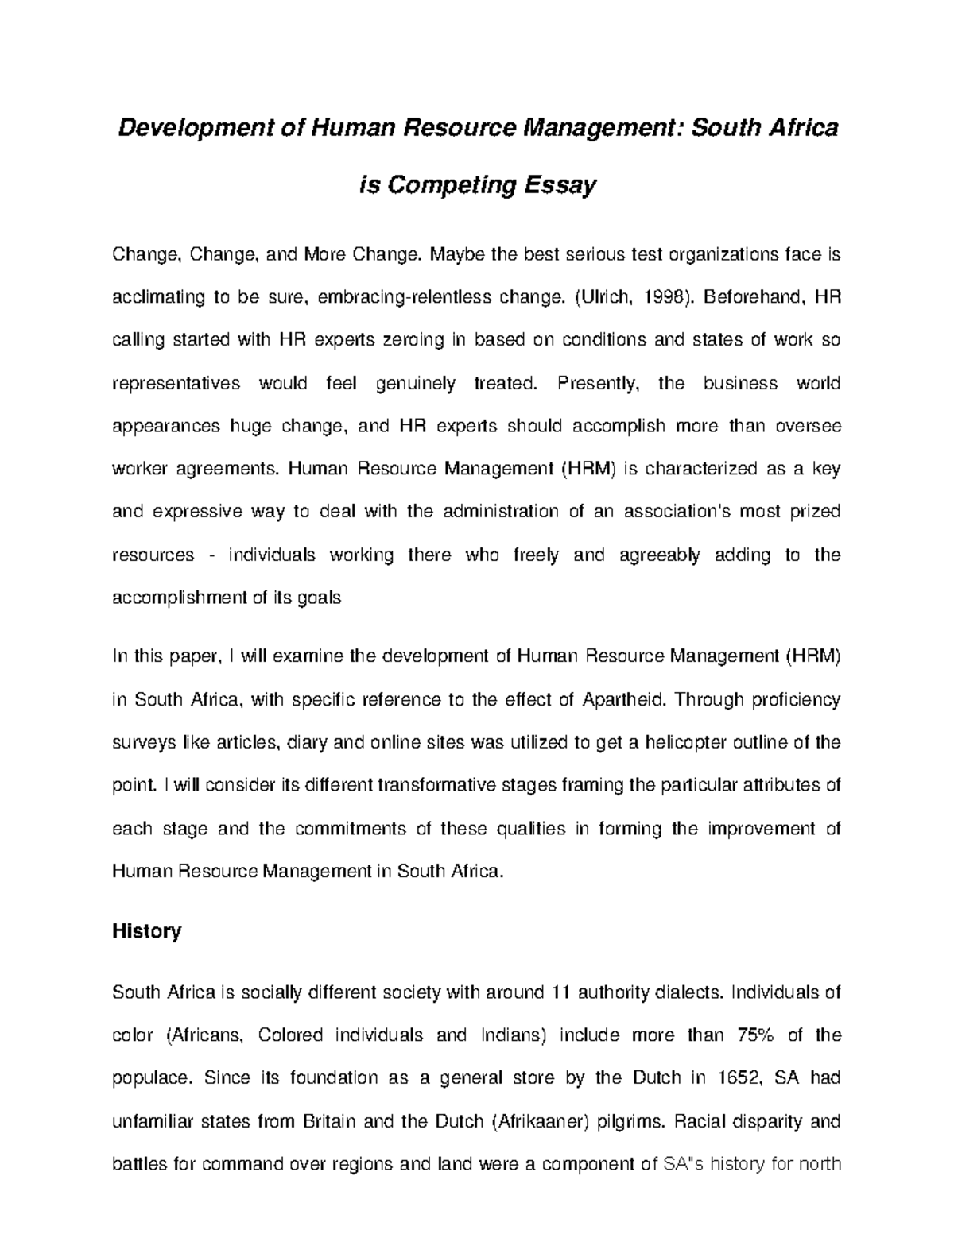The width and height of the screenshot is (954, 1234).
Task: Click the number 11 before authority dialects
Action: click(561, 992)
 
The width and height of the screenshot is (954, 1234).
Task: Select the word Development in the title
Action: click(196, 128)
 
